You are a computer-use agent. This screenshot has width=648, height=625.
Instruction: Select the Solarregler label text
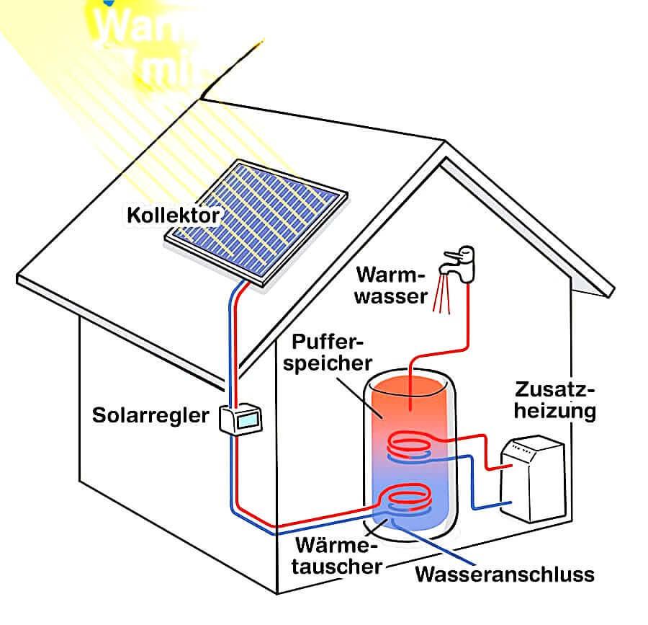click(x=150, y=415)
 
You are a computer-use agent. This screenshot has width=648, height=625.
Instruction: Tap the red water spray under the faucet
click(x=441, y=297)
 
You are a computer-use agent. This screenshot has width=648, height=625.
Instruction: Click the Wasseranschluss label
click(x=505, y=575)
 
